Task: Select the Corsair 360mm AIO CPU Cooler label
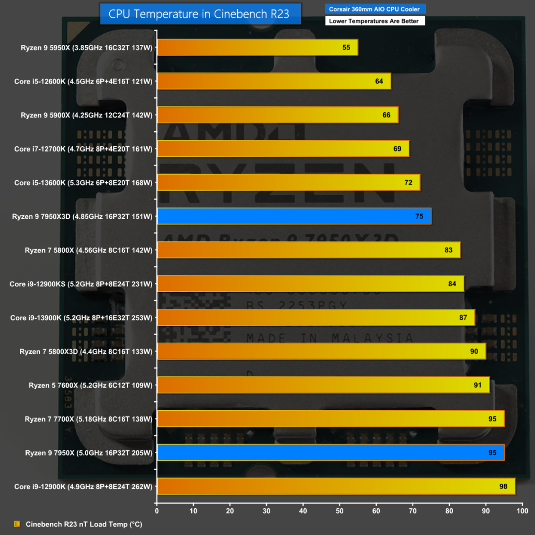point(375,9)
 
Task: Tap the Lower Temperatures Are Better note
point(375,21)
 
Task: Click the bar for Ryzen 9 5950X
point(257,48)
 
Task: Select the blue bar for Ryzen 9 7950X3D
point(294,216)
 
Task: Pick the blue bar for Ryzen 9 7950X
point(330,452)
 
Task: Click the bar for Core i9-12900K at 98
point(335,486)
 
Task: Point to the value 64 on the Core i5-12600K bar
point(379,82)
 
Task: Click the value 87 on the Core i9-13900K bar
point(463,318)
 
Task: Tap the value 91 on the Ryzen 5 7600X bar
point(478,385)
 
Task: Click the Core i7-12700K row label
point(84,149)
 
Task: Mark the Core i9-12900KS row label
point(81,284)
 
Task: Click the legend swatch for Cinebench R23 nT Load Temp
point(17,524)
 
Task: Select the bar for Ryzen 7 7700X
point(330,418)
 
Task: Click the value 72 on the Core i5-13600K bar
point(409,182)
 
